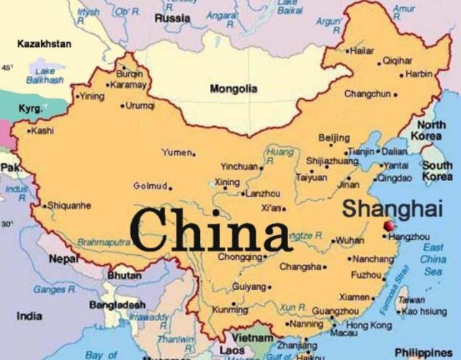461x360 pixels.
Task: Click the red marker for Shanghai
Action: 390,226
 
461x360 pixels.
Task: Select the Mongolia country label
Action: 233,89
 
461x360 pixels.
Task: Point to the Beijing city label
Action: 334,138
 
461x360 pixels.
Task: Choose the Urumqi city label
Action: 140,105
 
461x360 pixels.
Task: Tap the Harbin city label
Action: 419,73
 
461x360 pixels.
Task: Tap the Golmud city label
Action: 150,186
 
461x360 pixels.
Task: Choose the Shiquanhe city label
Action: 70,205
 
